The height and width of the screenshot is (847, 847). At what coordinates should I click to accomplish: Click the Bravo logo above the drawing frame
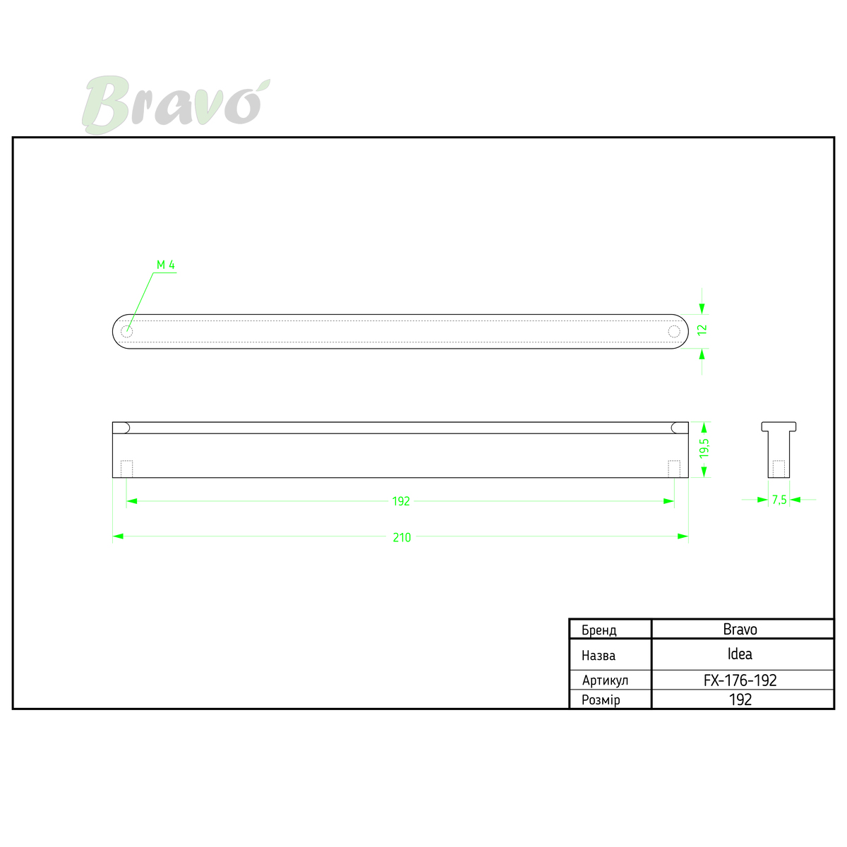coord(176,104)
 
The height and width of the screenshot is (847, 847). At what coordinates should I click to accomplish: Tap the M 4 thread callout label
coord(166,265)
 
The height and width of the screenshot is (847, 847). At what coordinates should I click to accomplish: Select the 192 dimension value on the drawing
coord(401,501)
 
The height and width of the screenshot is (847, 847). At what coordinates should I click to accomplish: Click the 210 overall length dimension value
coord(402,537)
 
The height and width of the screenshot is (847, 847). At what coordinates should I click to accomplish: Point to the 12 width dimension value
coord(702,330)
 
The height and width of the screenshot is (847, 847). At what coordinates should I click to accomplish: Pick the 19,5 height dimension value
coord(704,448)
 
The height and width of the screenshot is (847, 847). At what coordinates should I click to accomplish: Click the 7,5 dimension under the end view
coord(779,500)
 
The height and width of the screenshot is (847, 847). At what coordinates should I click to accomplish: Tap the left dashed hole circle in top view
coord(126,332)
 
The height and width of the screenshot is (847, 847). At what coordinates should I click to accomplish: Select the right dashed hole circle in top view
coord(674,332)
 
